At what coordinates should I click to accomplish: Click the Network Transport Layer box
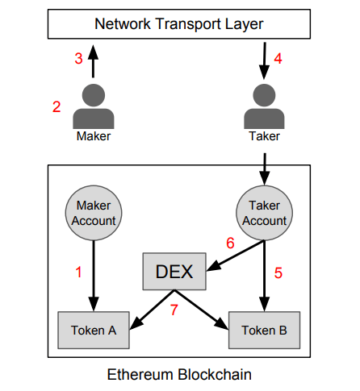[179, 24]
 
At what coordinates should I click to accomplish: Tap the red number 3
[78, 59]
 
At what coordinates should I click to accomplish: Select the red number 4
[278, 59]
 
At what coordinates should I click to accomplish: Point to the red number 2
[57, 106]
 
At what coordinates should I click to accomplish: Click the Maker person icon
[94, 106]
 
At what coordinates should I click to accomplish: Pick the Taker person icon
[264, 106]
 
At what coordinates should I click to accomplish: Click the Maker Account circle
[94, 213]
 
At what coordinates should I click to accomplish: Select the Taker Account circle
[265, 213]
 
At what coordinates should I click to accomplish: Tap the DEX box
[174, 272]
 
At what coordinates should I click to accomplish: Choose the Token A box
[94, 331]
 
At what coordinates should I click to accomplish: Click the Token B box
[265, 331]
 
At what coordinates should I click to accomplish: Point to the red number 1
[78, 272]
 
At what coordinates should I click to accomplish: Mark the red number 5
[278, 273]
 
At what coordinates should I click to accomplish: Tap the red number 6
[230, 243]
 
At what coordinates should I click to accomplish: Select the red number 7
[174, 310]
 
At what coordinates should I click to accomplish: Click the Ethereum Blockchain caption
[179, 374]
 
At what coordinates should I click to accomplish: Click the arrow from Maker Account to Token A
[94, 276]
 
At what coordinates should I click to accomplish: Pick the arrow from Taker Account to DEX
[235, 256]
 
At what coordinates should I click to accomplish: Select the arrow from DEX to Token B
[202, 310]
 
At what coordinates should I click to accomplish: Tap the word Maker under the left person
[94, 136]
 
